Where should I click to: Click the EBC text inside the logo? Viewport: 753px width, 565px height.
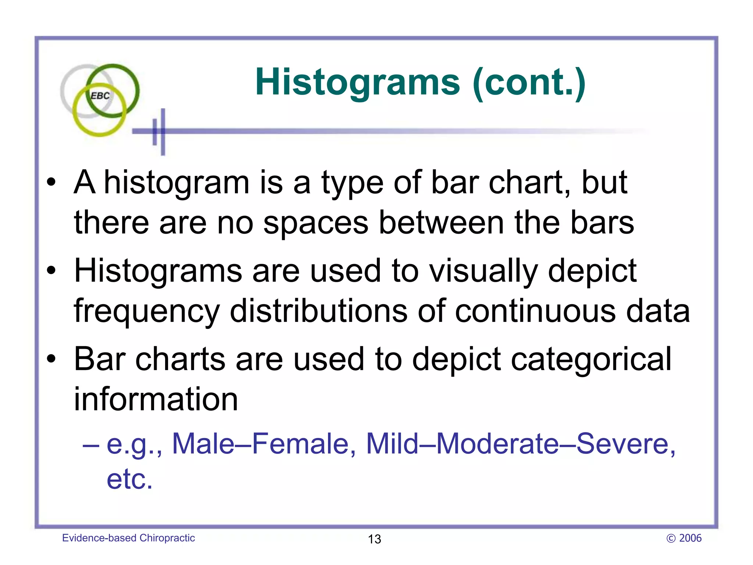pyautogui.click(x=100, y=96)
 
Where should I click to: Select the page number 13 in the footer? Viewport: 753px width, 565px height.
pyautogui.click(x=374, y=539)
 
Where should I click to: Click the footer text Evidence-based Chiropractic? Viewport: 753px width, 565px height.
pyautogui.click(x=128, y=538)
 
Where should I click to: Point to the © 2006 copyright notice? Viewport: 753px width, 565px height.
pyautogui.click(x=684, y=538)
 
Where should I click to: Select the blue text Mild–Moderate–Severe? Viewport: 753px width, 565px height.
pyautogui.click(x=520, y=444)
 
